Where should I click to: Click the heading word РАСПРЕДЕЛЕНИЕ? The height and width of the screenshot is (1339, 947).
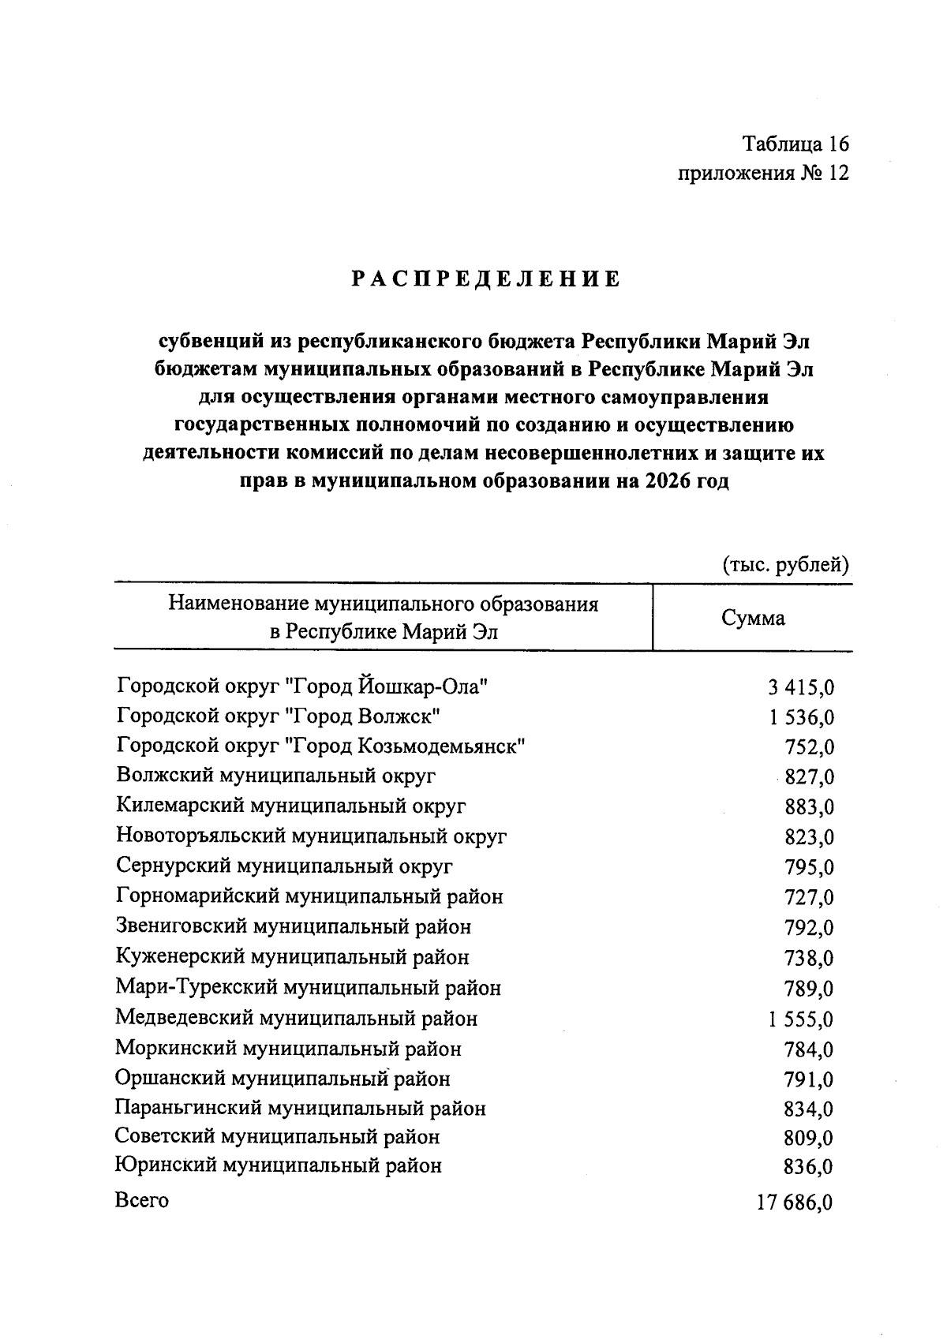point(485,279)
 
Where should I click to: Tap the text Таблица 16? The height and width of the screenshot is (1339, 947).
point(795,144)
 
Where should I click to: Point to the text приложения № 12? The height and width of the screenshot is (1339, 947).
point(763,174)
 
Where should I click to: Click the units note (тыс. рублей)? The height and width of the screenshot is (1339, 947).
point(785,565)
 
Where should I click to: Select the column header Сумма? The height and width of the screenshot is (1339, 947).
point(753,618)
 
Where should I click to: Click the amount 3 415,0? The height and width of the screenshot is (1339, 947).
point(800,688)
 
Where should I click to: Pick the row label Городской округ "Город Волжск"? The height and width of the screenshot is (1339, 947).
point(278,716)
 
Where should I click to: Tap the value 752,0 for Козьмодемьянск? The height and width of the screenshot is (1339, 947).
point(809,748)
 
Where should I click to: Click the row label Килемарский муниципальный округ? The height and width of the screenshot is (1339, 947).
point(290,806)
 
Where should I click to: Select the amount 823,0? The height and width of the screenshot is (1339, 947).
point(809,838)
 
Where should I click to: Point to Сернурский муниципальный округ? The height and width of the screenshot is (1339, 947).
point(284,866)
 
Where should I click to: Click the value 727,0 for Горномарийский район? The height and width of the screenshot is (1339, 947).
point(809,898)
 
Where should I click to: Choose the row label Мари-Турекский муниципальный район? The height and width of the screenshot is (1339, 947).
point(308,988)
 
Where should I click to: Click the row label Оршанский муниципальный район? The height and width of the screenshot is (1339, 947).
point(283,1079)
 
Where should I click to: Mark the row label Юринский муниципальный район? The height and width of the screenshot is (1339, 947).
point(278,1165)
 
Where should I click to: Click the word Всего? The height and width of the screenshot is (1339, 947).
point(142,1201)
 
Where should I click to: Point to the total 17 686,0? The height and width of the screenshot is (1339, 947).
point(795,1203)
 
